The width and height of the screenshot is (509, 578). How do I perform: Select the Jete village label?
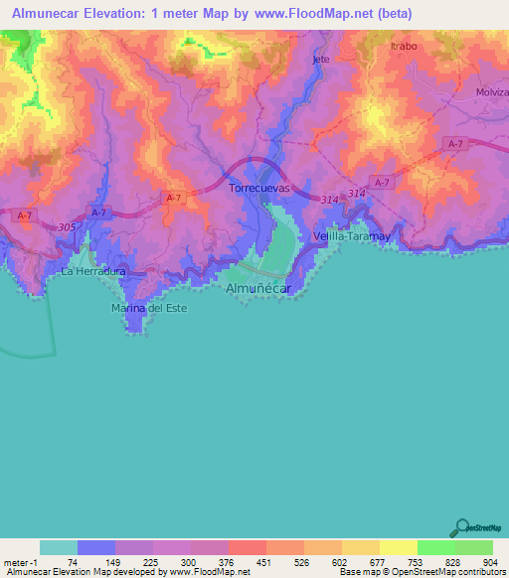click(320, 60)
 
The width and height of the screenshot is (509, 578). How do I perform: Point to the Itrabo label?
click(404, 46)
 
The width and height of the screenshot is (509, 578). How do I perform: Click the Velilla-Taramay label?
click(349, 236)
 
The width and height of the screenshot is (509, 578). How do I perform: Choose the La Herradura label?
click(93, 271)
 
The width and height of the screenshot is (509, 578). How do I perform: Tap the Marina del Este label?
click(148, 308)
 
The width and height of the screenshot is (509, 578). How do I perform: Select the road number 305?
click(67, 227)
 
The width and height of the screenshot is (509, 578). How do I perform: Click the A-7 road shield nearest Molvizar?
click(455, 145)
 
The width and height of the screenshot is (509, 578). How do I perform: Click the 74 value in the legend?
click(73, 561)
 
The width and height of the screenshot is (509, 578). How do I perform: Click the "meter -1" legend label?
click(20, 561)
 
